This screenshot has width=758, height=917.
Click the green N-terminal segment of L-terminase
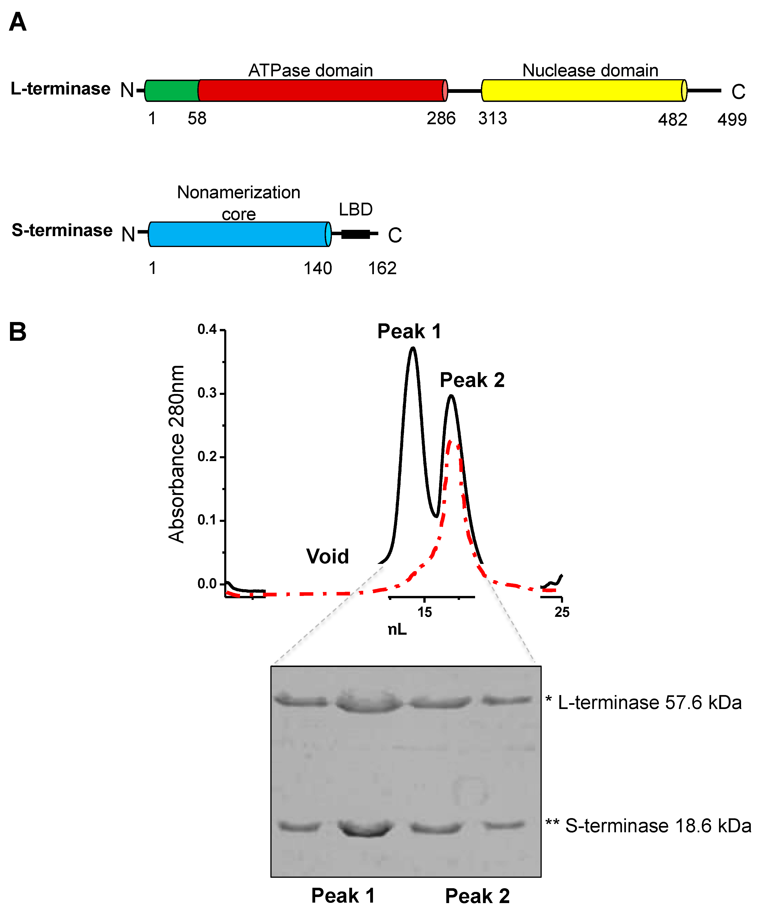pyautogui.click(x=172, y=90)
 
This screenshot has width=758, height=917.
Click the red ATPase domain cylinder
pyautogui.click(x=322, y=90)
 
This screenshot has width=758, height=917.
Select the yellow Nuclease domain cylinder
pyautogui.click(x=583, y=90)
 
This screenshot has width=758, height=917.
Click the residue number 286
pyautogui.click(x=441, y=118)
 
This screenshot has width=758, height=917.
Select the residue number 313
pyautogui.click(x=492, y=118)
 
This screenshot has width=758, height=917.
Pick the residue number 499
pyautogui.click(x=732, y=120)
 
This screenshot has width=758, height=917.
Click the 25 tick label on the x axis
pyautogui.click(x=562, y=612)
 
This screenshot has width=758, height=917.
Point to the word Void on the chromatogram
pyautogui.click(x=327, y=556)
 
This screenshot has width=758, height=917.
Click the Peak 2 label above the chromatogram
pyautogui.click(x=472, y=380)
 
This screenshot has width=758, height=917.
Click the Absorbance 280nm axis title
pyautogui.click(x=176, y=454)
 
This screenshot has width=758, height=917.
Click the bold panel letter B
pyautogui.click(x=17, y=332)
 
